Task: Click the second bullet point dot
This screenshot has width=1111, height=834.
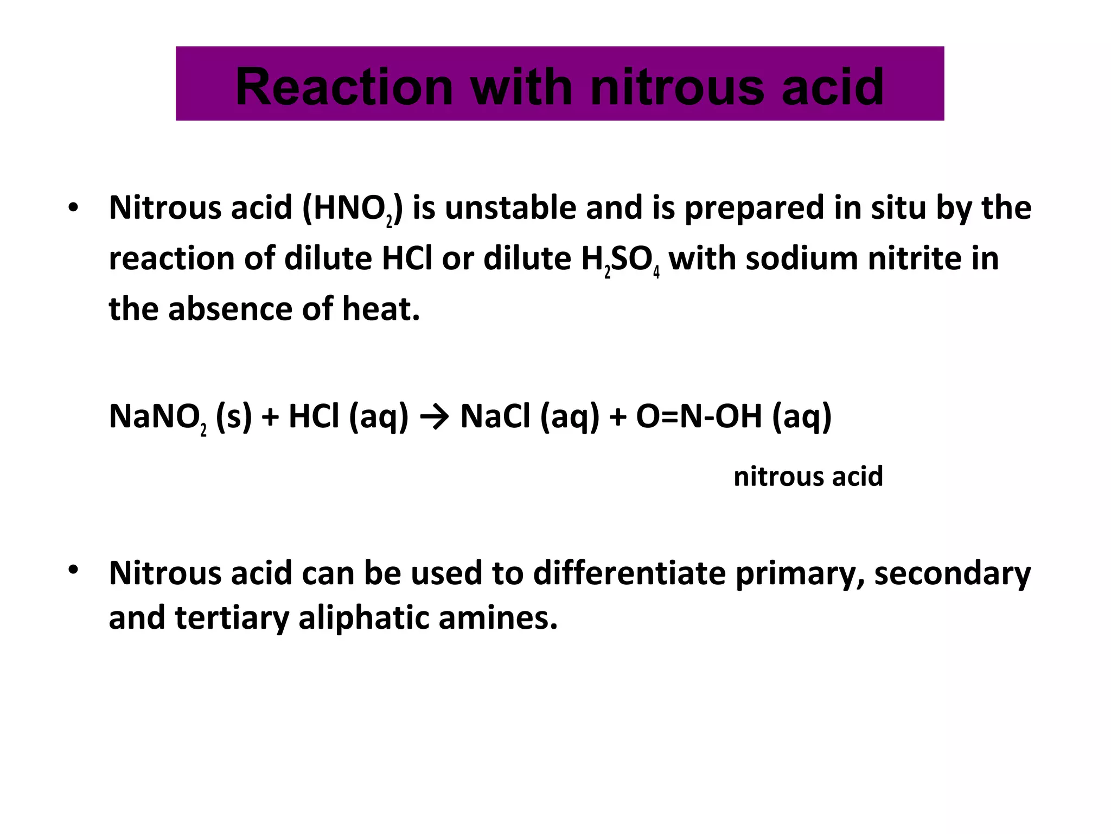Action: coord(74,570)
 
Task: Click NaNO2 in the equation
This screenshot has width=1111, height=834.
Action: coord(157,417)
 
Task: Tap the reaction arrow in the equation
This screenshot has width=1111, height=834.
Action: coord(434,417)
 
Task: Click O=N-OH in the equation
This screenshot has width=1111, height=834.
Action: coord(699,416)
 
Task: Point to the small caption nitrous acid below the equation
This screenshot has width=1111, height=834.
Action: coord(808,476)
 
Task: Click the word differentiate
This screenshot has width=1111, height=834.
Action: coord(629,573)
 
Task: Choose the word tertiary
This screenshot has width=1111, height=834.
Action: coord(232,618)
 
